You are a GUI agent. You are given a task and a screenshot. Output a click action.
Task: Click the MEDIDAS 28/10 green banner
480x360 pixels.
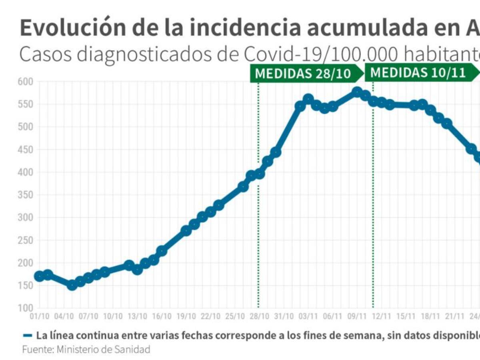click(x=303, y=74)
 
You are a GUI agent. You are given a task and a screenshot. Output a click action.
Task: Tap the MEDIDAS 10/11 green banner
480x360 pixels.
click(x=418, y=73)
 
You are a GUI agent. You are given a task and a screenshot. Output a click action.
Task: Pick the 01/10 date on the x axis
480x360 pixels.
click(x=39, y=316)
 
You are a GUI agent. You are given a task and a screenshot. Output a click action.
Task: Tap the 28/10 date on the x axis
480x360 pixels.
click(x=259, y=316)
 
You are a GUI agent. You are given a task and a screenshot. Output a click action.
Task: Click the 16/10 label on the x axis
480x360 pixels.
click(x=162, y=316)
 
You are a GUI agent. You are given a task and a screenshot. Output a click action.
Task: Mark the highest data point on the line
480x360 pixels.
click(x=357, y=92)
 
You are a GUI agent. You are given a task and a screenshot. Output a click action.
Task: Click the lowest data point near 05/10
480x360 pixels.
click(x=72, y=285)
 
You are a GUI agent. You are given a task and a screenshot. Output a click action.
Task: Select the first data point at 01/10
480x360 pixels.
click(x=39, y=276)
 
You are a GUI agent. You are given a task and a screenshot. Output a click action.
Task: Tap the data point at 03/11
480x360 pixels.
click(x=308, y=99)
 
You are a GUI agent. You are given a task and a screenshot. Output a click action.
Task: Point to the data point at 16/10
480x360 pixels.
click(x=162, y=251)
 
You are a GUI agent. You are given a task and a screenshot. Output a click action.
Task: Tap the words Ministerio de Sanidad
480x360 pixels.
click(x=104, y=349)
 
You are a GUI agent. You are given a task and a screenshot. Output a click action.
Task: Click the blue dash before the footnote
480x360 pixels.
click(x=28, y=335)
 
